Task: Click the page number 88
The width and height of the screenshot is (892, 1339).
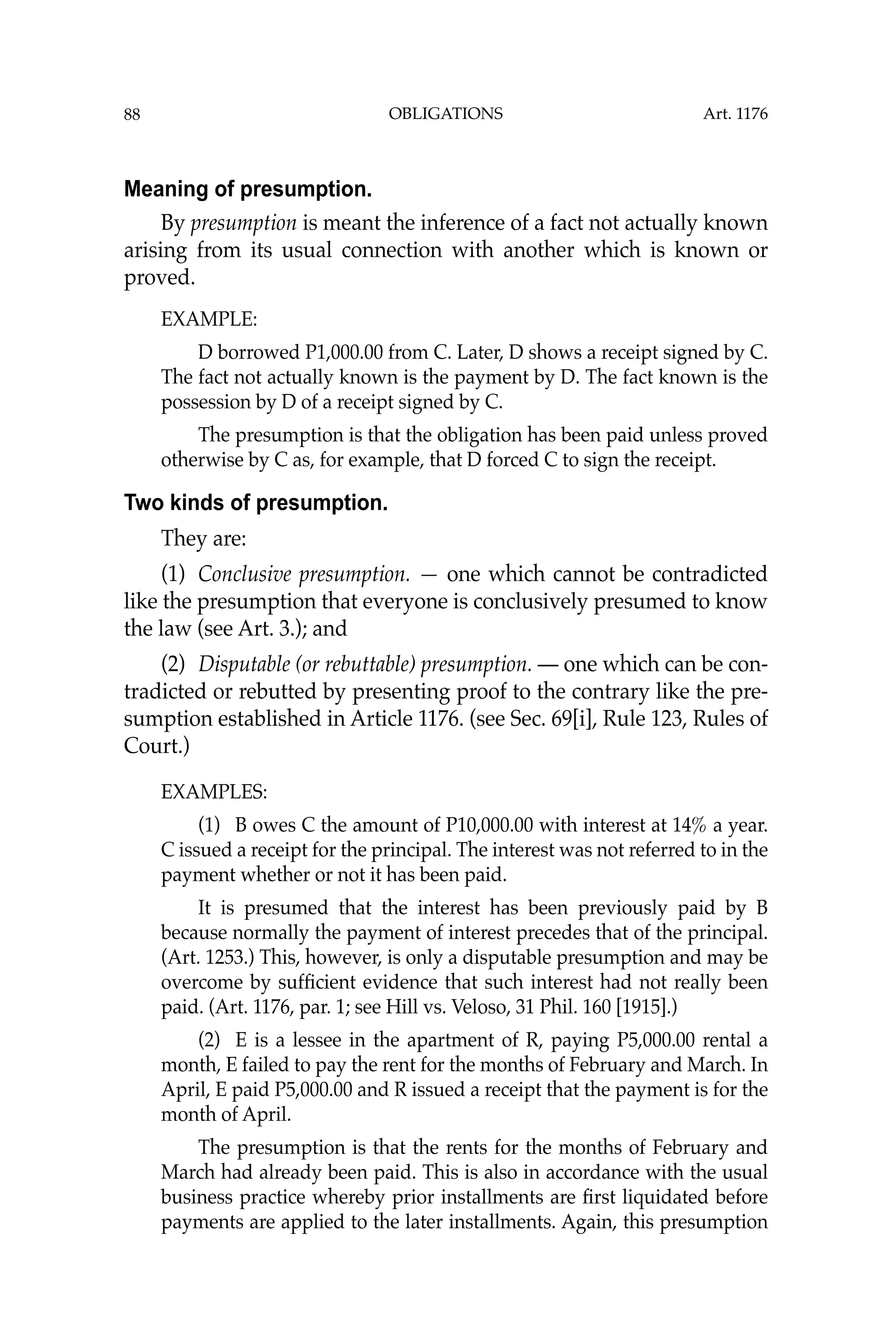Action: [x=132, y=115]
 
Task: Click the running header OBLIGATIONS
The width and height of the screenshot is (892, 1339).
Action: [x=446, y=114]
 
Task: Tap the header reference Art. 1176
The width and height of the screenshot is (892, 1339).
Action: [x=735, y=114]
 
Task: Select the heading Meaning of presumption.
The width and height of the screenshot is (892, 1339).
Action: [x=248, y=189]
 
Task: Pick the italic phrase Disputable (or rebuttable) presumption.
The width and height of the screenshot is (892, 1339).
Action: [x=365, y=664]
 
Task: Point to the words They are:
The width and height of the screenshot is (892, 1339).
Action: [x=204, y=537]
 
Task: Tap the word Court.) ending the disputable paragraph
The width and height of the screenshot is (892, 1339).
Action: [x=156, y=746]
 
